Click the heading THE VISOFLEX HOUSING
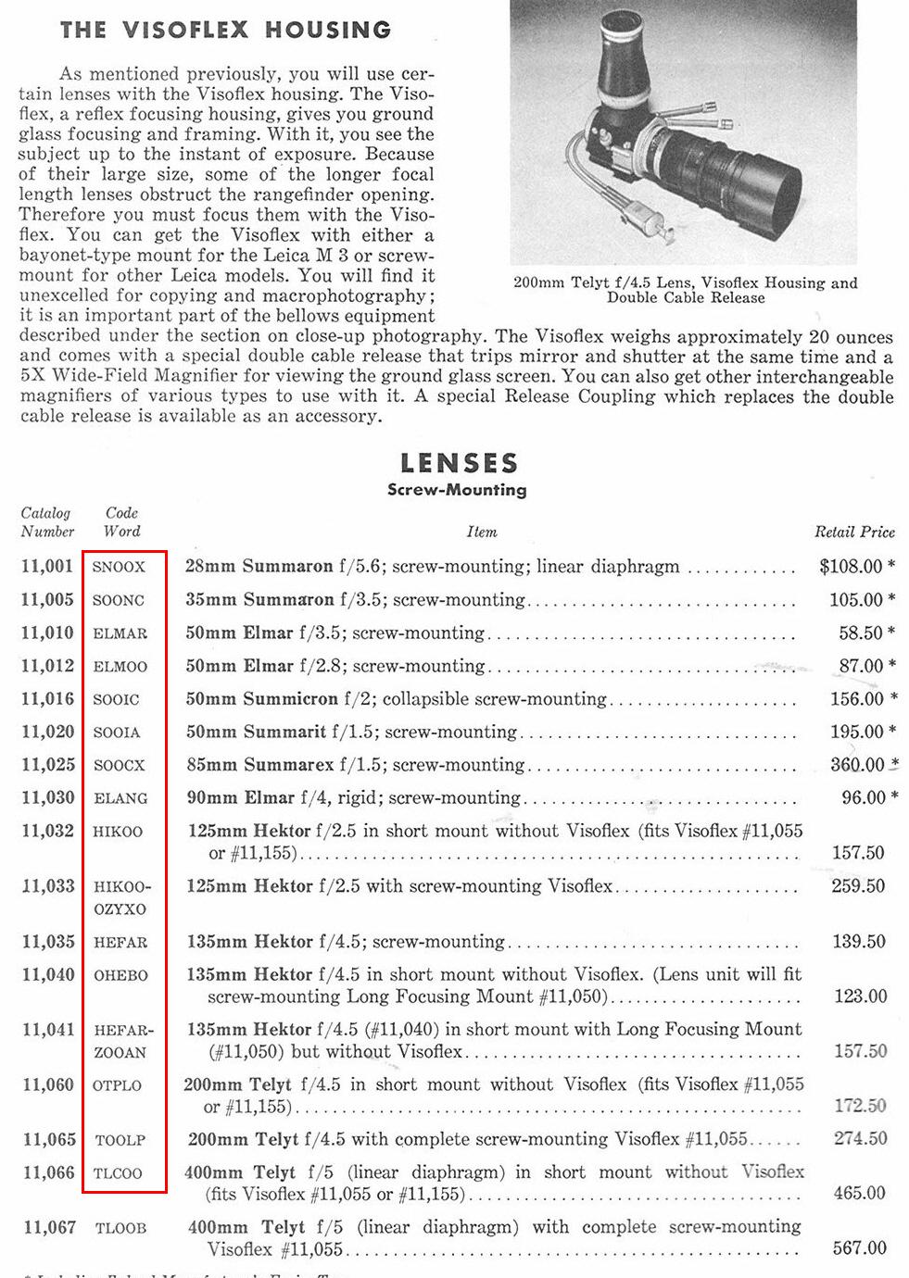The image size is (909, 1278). click(225, 30)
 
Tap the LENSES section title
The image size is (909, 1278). click(459, 463)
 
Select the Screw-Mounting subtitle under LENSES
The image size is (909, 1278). click(457, 490)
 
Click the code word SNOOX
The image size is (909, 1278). click(119, 567)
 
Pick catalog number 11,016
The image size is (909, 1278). click(47, 698)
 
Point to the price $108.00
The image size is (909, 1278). click(851, 566)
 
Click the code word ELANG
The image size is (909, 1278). click(120, 798)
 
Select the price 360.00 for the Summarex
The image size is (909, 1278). click(857, 765)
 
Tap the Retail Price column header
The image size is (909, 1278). click(854, 532)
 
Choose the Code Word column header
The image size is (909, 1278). click(121, 522)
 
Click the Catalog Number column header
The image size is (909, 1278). click(46, 522)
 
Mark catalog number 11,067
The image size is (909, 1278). click(49, 1227)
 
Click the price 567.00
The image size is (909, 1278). click(859, 1247)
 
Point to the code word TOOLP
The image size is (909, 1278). click(120, 1140)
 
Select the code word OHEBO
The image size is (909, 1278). click(120, 975)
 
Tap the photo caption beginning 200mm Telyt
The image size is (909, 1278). click(685, 290)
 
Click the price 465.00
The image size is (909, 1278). click(859, 1193)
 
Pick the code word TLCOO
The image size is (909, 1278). click(118, 1173)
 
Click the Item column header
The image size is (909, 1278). click(482, 532)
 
